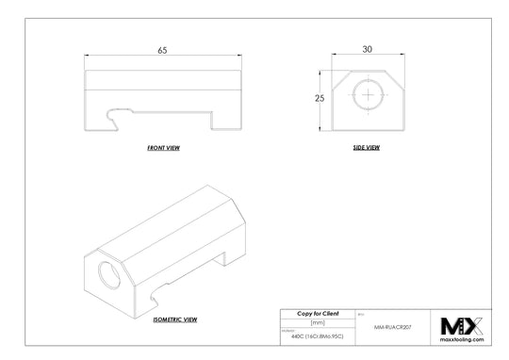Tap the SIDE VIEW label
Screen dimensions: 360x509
pyautogui.click(x=366, y=149)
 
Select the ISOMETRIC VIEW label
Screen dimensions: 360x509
pyautogui.click(x=174, y=320)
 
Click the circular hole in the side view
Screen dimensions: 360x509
pyautogui.click(x=366, y=95)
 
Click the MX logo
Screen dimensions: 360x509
pyautogui.click(x=462, y=325)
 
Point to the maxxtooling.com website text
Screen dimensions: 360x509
pyautogui.click(x=462, y=339)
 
